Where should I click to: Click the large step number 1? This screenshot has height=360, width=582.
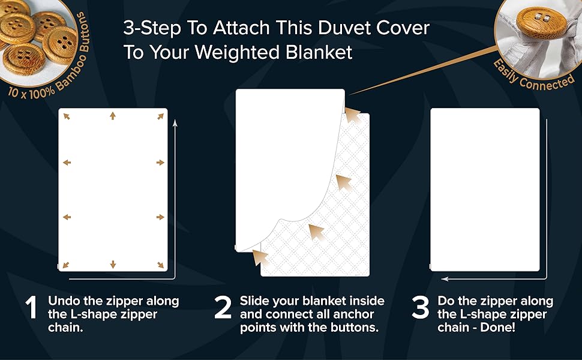click(31, 307)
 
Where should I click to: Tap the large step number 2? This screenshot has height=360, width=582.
click(223, 307)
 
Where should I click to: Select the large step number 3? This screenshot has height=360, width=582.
click(420, 307)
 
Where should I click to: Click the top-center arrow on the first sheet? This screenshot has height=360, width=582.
click(112, 116)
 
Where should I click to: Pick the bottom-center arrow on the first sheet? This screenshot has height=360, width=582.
click(112, 264)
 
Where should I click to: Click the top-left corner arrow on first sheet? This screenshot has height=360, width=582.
click(67, 116)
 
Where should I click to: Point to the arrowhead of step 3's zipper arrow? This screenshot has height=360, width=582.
click(443, 278)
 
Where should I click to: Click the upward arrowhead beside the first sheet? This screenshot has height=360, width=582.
click(175, 122)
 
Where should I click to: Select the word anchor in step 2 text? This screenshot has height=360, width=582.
click(353, 314)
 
